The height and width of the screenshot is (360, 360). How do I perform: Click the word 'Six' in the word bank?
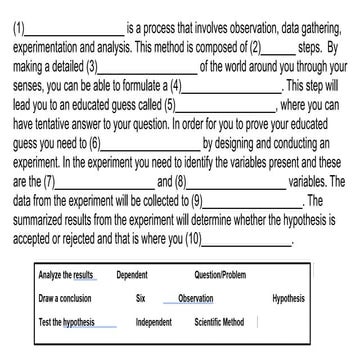pyautogui.click(x=142, y=298)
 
